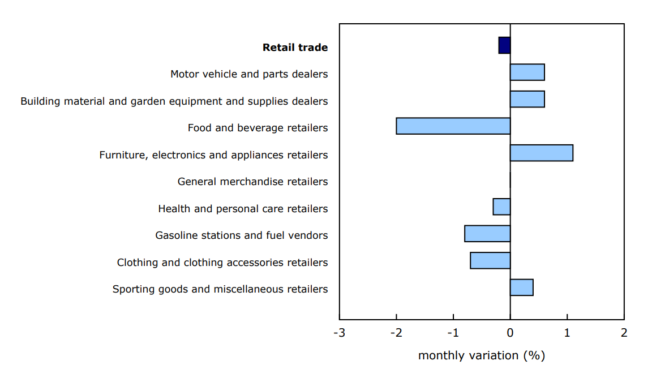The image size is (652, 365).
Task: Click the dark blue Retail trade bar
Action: (x=504, y=45)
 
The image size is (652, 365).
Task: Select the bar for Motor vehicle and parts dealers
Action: (x=527, y=72)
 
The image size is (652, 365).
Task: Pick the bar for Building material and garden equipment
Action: (x=527, y=99)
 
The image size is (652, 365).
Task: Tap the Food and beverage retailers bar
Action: (x=453, y=126)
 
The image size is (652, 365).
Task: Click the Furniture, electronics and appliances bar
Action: (x=541, y=153)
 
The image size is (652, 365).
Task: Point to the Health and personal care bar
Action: (x=501, y=207)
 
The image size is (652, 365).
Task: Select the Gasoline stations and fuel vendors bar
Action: (x=487, y=234)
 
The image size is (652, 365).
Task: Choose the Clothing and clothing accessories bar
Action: (x=490, y=260)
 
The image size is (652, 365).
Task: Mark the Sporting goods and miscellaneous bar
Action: (x=521, y=287)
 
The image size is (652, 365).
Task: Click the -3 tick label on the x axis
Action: (x=339, y=333)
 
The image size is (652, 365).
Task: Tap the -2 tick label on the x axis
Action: (x=396, y=333)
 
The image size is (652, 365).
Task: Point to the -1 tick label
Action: (x=453, y=333)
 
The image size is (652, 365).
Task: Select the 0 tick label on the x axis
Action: (x=510, y=333)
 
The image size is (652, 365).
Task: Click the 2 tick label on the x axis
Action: (x=624, y=333)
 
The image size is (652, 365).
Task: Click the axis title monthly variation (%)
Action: (x=481, y=355)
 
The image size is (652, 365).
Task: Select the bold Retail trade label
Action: (x=295, y=48)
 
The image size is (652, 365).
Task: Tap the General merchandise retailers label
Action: (x=252, y=182)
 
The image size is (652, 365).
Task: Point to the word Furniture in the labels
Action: (x=121, y=155)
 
